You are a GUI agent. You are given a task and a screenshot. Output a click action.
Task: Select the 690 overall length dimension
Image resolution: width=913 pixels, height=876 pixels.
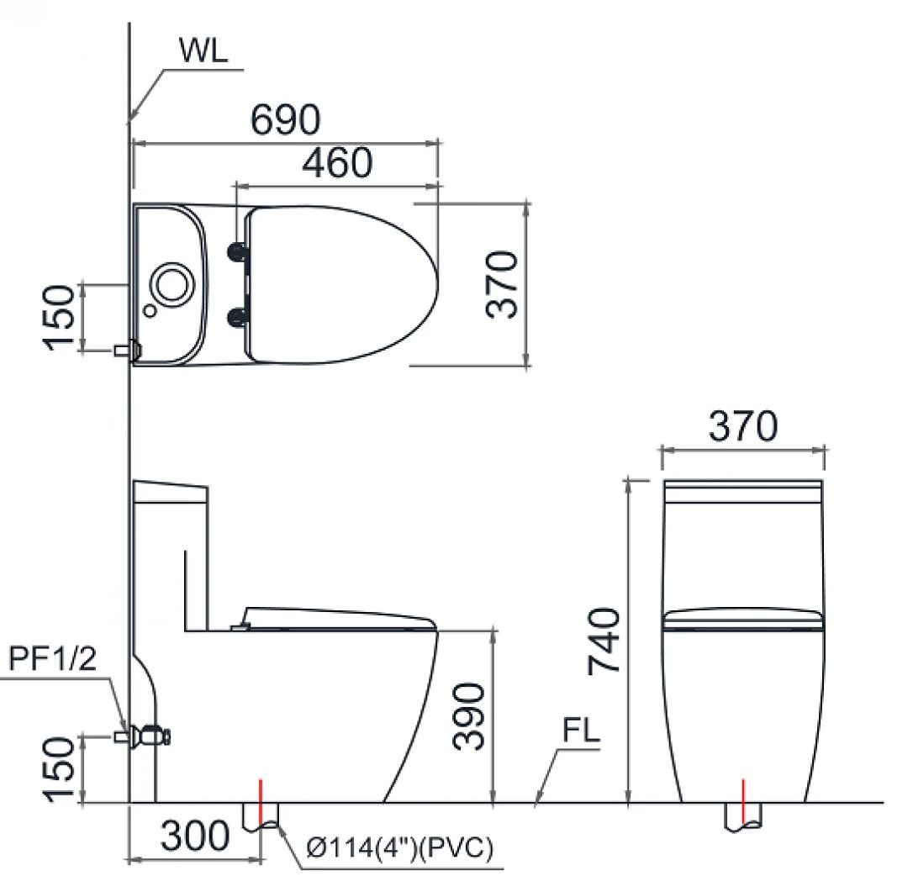pyautogui.click(x=285, y=120)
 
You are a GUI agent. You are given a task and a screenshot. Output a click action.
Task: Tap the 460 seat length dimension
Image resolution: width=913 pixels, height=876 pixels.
pyautogui.click(x=336, y=163)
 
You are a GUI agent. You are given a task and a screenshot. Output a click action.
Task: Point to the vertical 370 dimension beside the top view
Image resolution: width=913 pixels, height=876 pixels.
pyautogui.click(x=503, y=283)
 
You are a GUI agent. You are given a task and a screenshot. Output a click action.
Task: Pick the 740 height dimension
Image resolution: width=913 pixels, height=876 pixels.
pyautogui.click(x=604, y=641)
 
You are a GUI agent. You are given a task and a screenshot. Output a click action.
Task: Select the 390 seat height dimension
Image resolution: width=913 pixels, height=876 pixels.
pyautogui.click(x=469, y=715)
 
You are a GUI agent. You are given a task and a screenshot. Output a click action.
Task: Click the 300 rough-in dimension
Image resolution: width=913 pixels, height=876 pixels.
pyautogui.click(x=194, y=836)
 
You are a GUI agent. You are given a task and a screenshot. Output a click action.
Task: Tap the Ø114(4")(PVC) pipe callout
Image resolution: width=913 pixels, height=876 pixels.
pyautogui.click(x=399, y=849)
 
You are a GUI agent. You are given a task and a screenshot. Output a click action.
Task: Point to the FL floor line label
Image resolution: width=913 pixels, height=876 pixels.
pyautogui.click(x=581, y=731)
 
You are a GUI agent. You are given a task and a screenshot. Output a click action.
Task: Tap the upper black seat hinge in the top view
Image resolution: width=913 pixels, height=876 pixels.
pyautogui.click(x=239, y=250)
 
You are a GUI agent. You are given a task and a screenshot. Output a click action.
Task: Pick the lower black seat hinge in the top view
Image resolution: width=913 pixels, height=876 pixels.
pyautogui.click(x=239, y=315)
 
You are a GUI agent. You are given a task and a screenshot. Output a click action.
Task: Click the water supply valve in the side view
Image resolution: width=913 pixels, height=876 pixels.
pyautogui.click(x=152, y=736)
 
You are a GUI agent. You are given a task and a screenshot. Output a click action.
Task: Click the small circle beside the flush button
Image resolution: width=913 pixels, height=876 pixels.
pyautogui.click(x=150, y=310)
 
